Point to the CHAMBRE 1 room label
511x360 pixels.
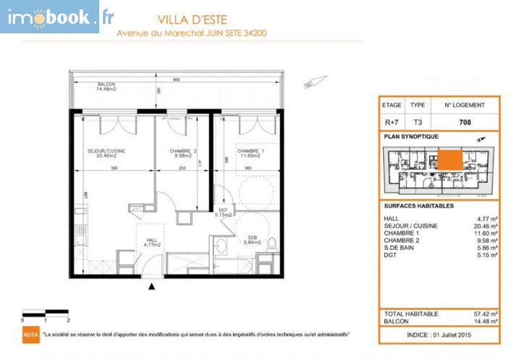click(251, 151)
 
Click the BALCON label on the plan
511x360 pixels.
click(106, 86)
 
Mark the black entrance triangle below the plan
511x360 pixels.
click(151, 288)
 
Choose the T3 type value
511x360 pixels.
click(418, 122)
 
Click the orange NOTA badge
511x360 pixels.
click(30, 335)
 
